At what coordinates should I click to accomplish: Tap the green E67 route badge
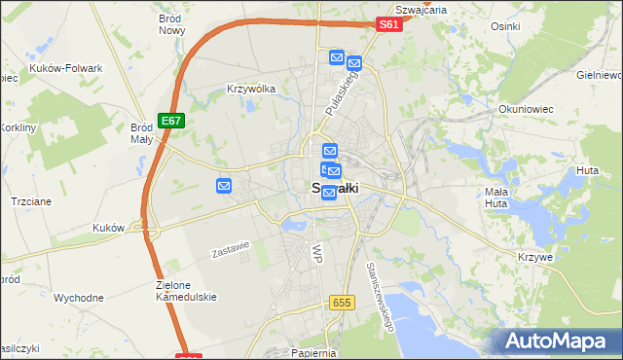point(170,120)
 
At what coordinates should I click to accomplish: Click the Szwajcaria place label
point(422,9)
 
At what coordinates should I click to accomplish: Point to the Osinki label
point(506,26)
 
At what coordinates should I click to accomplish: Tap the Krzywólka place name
point(251,89)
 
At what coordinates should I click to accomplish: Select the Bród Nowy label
point(171,24)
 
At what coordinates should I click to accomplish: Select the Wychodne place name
point(79,298)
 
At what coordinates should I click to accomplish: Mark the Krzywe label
point(536,256)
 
